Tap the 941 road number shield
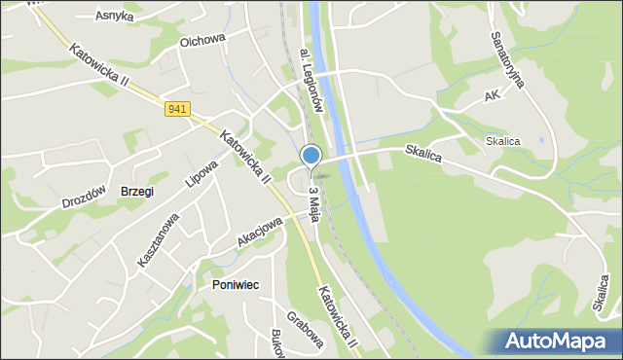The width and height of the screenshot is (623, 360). click(x=177, y=109)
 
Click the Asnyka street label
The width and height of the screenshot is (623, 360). click(x=114, y=16)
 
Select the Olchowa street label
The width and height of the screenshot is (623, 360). click(x=202, y=41)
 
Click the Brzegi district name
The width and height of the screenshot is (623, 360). click(x=136, y=192)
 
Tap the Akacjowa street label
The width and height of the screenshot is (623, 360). click(x=259, y=232)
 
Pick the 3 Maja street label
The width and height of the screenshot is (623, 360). click(x=313, y=200)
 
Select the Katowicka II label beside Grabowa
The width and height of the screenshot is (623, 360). click(x=339, y=317)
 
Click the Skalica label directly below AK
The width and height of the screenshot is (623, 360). click(x=503, y=141)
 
